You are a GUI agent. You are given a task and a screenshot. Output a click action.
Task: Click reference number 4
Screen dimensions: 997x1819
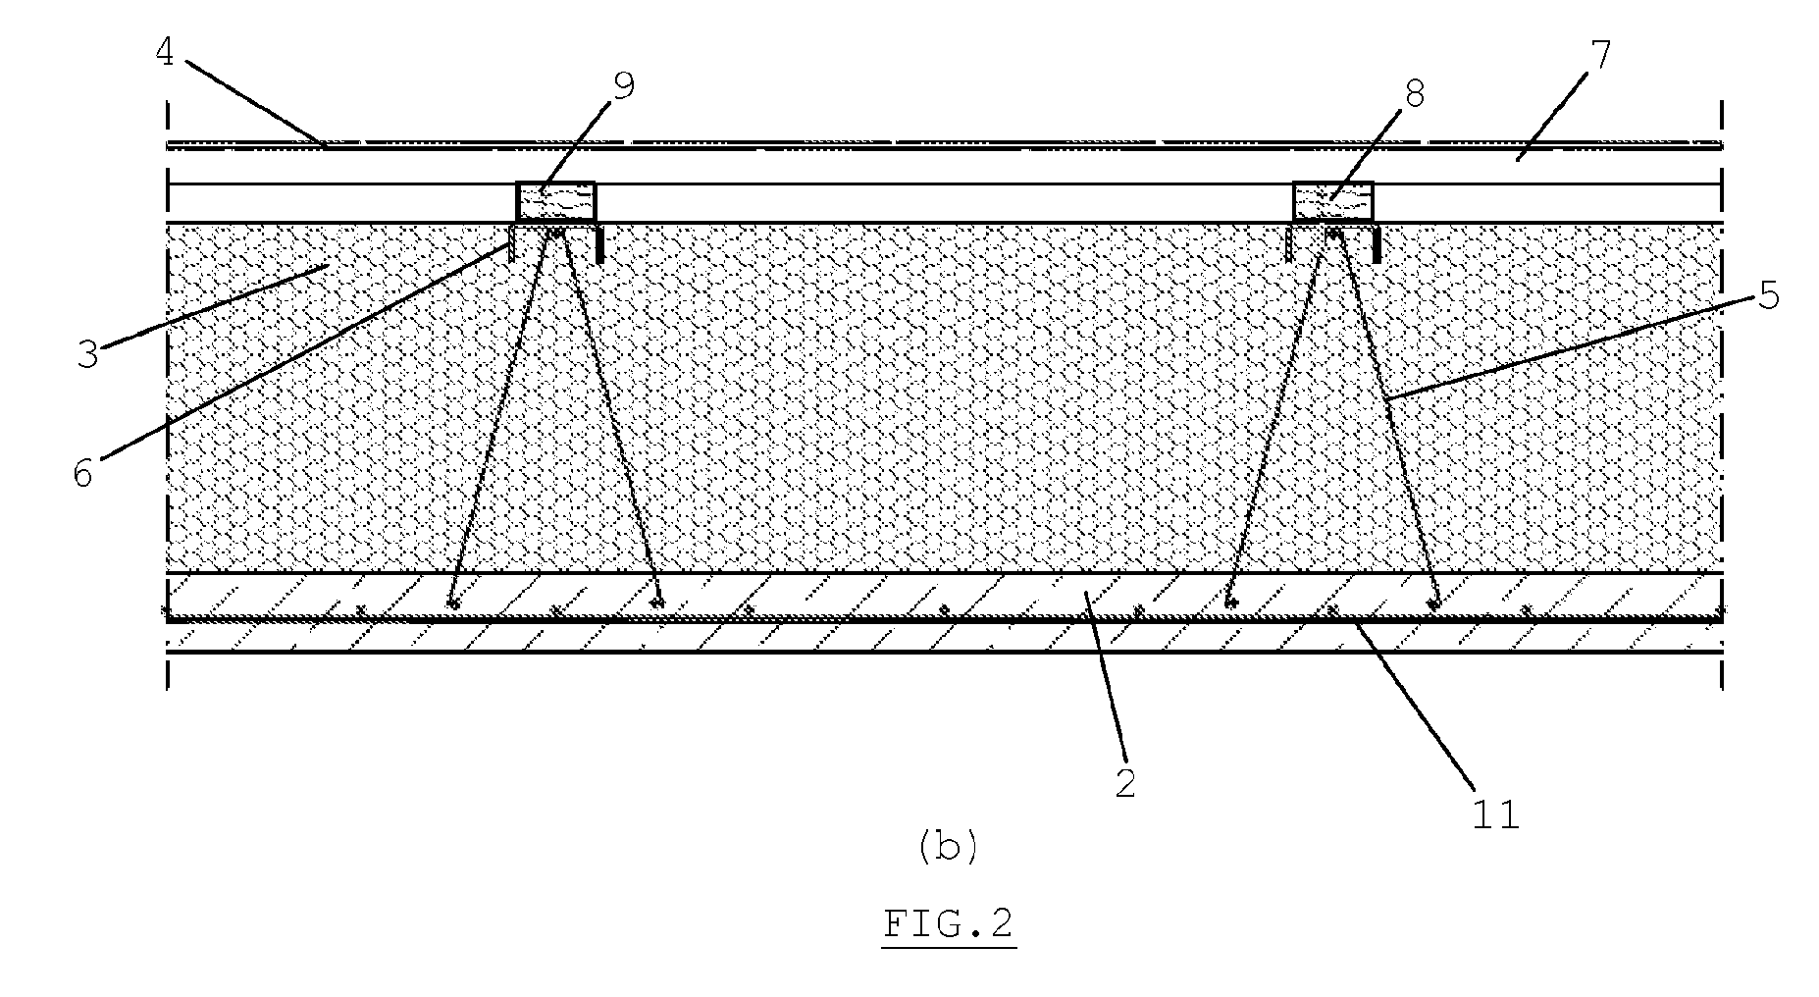pyautogui.click(x=164, y=53)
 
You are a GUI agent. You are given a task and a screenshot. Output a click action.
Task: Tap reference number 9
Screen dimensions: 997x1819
pyautogui.click(x=623, y=86)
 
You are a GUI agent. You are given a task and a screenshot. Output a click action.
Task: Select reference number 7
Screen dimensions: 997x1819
pyautogui.click(x=1600, y=56)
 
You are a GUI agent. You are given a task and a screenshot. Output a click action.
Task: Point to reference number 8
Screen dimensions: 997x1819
pyautogui.click(x=1414, y=94)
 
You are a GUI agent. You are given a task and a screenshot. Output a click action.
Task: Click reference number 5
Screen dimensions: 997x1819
pyautogui.click(x=1767, y=294)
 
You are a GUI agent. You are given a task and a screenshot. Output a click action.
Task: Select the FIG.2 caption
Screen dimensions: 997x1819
pyautogui.click(x=948, y=924)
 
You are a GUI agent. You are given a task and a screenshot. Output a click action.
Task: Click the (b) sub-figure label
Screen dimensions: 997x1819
pyautogui.click(x=948, y=846)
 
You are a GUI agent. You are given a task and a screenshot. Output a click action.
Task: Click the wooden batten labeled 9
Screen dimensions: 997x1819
pyautogui.click(x=556, y=202)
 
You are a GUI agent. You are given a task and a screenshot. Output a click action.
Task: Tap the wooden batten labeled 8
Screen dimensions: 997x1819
pyautogui.click(x=1332, y=202)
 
